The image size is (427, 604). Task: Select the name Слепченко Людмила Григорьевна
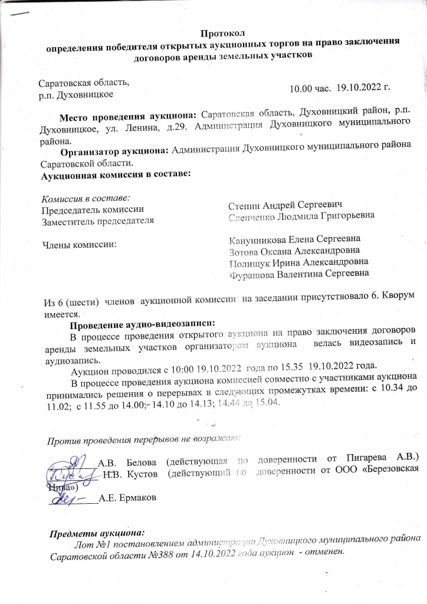coord(301,217)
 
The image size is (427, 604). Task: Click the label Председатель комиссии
coord(91,209)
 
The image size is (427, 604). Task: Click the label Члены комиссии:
coord(77,243)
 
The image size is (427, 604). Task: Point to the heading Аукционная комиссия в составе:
coord(115,175)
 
